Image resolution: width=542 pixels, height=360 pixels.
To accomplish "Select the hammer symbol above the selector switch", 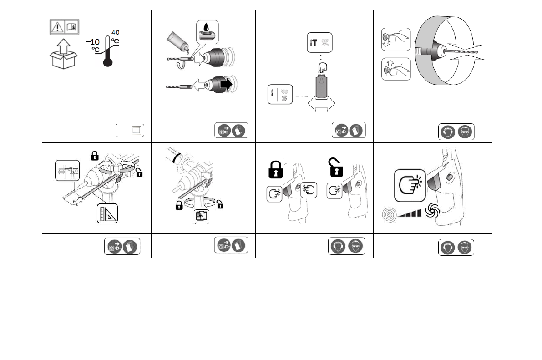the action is (314, 43).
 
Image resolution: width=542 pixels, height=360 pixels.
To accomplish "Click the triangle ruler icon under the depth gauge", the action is (108, 213).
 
